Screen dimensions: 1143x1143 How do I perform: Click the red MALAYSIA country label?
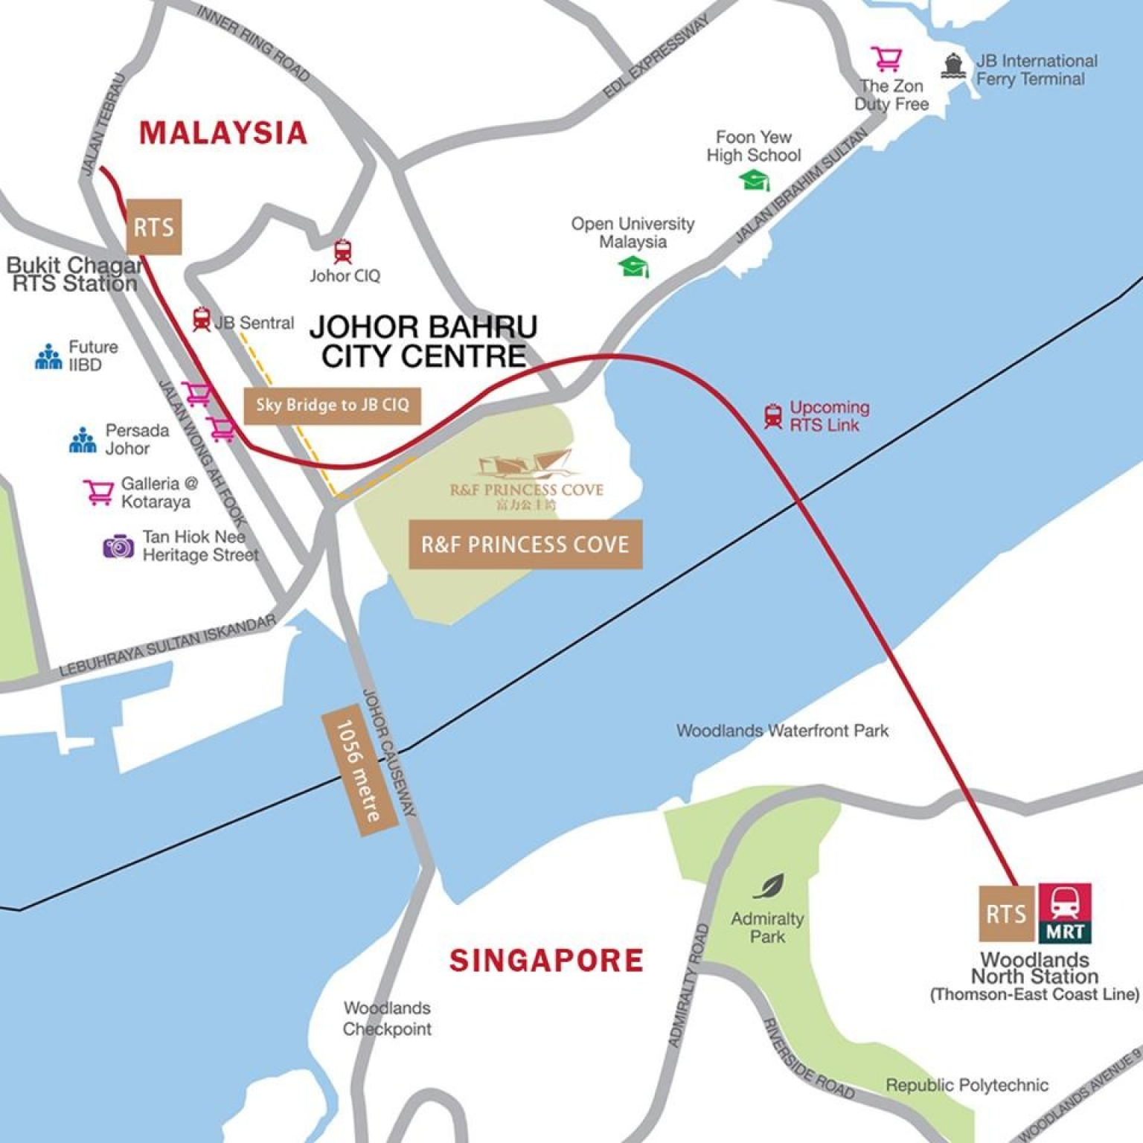[x=223, y=132]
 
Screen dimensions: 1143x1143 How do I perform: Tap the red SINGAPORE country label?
[x=545, y=960]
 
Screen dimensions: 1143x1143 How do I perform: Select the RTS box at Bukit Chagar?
[x=154, y=227]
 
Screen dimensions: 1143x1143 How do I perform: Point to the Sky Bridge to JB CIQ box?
[x=332, y=406]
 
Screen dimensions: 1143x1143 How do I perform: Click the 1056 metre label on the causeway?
[x=358, y=771]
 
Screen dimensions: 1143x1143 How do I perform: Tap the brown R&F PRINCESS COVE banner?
[x=525, y=545]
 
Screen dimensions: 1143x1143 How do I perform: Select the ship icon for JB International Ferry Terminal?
[x=953, y=66]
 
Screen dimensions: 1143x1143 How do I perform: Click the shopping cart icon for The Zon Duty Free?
[x=886, y=59]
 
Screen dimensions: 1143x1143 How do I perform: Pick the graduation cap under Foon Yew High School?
[x=755, y=180]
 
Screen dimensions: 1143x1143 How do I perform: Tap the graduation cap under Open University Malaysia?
[x=634, y=266]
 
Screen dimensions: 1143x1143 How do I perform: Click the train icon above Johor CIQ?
[x=342, y=252]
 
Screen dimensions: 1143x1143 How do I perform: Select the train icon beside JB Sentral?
[x=201, y=320]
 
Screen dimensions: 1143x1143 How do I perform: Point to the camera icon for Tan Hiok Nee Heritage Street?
[x=118, y=547]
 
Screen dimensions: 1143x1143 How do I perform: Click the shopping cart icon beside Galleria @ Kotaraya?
[x=98, y=492]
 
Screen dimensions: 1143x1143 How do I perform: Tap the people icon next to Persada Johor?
[x=83, y=440]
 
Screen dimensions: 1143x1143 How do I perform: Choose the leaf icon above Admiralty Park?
[x=769, y=886]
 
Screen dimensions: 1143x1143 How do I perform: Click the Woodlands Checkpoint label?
[x=387, y=1018]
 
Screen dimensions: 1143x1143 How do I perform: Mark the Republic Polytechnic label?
[x=966, y=1085]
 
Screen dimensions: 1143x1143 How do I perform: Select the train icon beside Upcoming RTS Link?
[x=773, y=416]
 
